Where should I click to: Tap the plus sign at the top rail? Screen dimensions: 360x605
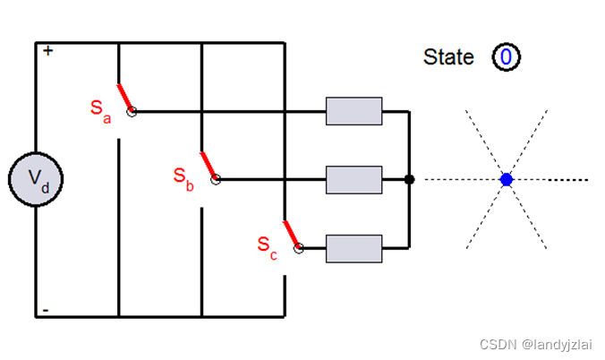pyautogui.click(x=47, y=51)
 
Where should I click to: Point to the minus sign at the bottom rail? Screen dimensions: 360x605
pyautogui.click(x=46, y=310)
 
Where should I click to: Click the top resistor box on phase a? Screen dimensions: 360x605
pyautogui.click(x=354, y=111)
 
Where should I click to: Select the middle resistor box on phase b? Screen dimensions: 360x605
pyautogui.click(x=354, y=179)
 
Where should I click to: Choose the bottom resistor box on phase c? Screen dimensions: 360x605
pyautogui.click(x=354, y=247)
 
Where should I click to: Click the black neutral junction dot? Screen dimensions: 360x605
pyautogui.click(x=409, y=180)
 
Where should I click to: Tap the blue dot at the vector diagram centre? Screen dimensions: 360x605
pyautogui.click(x=507, y=180)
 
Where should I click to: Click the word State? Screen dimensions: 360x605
pyautogui.click(x=448, y=57)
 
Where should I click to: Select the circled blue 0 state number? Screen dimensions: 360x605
pyautogui.click(x=506, y=58)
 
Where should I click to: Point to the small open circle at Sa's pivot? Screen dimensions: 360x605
pyautogui.click(x=132, y=112)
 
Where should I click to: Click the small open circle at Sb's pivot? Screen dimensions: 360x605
pyautogui.click(x=216, y=180)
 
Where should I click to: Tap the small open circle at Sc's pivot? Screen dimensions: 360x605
pyautogui.click(x=298, y=248)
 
